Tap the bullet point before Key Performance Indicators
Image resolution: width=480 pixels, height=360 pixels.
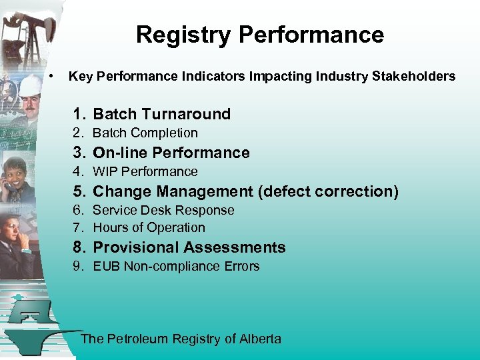[x=51, y=77]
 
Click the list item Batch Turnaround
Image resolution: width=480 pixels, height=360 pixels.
[x=161, y=114]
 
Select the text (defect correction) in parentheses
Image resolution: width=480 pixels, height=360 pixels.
[x=329, y=191]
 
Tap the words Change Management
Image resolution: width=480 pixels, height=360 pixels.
[x=173, y=191]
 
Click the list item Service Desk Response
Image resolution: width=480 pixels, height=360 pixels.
[x=163, y=210]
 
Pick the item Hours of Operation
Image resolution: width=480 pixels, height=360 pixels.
[x=149, y=227]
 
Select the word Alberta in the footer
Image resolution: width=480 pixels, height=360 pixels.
[x=261, y=339]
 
